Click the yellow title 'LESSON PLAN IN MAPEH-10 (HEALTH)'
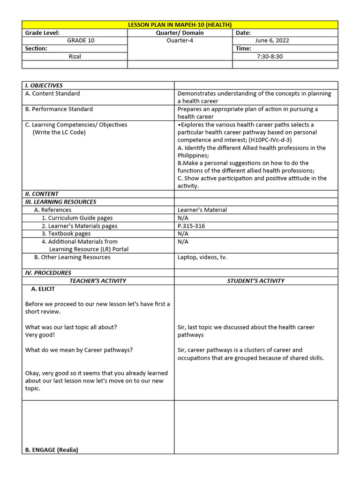pyautogui.click(x=180, y=25)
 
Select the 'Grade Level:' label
pyautogui.click(x=42, y=33)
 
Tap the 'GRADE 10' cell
pyautogui.click(x=80, y=41)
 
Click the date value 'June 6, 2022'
pyautogui.click(x=272, y=41)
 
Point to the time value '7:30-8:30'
pyautogui.click(x=270, y=57)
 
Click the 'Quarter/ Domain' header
pyautogui.click(x=180, y=33)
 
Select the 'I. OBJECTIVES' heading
pyautogui.click(x=44, y=86)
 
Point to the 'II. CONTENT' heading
pyautogui.click(x=42, y=194)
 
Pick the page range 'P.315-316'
pyautogui.click(x=191, y=226)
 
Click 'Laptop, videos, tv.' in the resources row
pyautogui.click(x=202, y=257)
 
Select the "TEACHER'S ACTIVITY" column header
pyautogui.click(x=98, y=281)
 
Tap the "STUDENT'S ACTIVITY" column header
pyautogui.click(x=255, y=281)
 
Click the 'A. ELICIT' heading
pyautogui.click(x=43, y=289)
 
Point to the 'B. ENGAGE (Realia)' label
pyautogui.click(x=52, y=450)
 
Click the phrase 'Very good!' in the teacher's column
pyautogui.click(x=40, y=335)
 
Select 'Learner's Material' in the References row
pyautogui.click(x=202, y=210)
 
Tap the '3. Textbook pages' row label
pyautogui.click(x=66, y=233)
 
